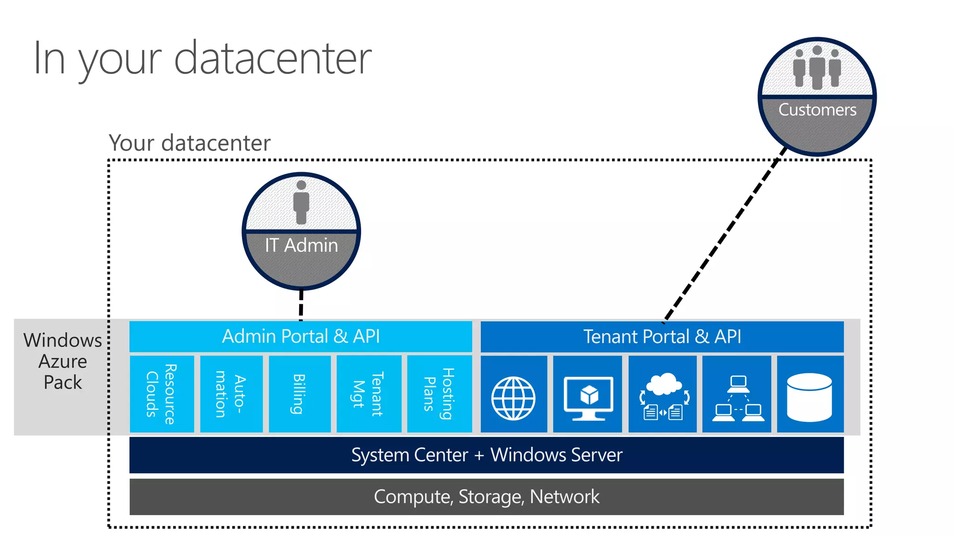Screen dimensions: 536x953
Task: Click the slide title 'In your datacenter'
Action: click(x=202, y=59)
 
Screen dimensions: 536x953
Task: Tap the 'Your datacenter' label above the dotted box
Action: click(x=189, y=143)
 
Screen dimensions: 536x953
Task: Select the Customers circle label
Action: click(x=817, y=110)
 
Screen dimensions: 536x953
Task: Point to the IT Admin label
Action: click(x=302, y=245)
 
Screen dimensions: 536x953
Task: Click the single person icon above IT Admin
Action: click(x=302, y=203)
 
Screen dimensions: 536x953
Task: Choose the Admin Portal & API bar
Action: click(x=301, y=336)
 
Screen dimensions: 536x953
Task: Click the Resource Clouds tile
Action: click(x=161, y=394)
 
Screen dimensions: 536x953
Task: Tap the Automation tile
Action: click(x=231, y=394)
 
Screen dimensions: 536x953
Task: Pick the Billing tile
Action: click(x=300, y=394)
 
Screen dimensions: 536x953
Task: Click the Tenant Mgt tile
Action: click(x=369, y=394)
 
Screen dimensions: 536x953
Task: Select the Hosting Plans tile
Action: click(x=439, y=394)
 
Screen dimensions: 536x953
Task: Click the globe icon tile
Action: click(x=513, y=398)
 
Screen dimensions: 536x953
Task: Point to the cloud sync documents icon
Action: click(x=663, y=396)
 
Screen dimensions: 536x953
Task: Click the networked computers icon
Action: click(x=737, y=398)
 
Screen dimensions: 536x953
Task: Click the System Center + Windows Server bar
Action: click(x=486, y=455)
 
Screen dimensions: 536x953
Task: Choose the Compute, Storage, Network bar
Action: click(x=486, y=497)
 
